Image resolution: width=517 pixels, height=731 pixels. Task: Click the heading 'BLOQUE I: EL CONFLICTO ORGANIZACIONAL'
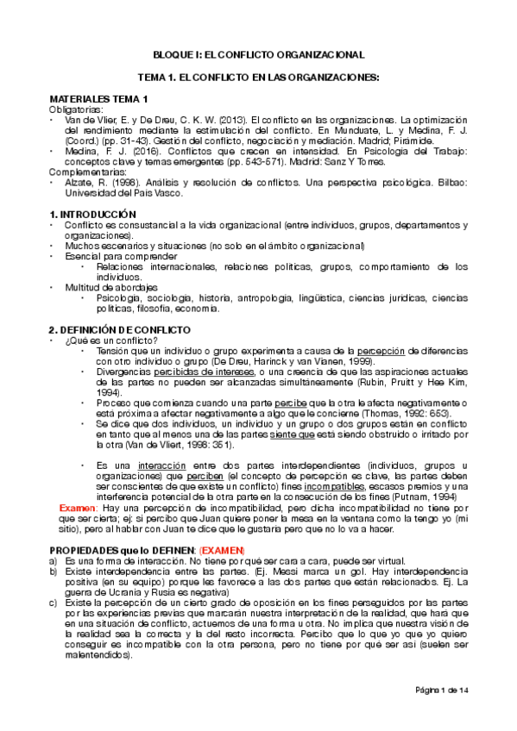pos(258,53)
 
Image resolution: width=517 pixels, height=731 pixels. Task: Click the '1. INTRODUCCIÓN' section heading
pos(93,213)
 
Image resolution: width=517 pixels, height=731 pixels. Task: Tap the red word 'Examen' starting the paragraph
pos(75,509)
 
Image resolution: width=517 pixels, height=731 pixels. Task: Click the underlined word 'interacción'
pos(141,465)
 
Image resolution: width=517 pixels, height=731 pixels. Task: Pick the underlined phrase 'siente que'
pos(293,435)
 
